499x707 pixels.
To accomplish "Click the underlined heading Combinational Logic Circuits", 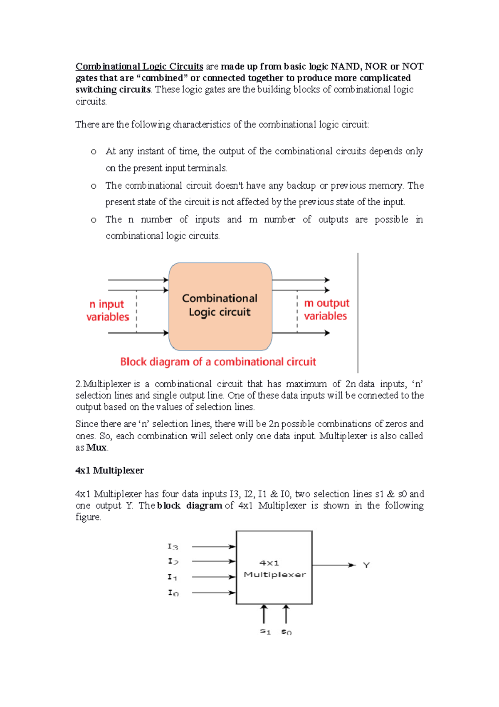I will [139, 67].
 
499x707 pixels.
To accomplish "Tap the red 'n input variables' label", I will [107, 311].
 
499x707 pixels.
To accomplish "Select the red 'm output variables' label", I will [326, 309].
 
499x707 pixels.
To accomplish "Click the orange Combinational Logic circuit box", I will [220, 306].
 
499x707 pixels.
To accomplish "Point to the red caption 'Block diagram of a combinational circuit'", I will [218, 362].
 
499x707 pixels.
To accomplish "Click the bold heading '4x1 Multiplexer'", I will [109, 471].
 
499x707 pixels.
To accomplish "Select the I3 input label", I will [173, 547].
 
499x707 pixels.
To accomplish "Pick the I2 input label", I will [173, 562].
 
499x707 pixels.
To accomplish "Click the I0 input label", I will [173, 593].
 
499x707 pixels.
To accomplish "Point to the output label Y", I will [366, 565].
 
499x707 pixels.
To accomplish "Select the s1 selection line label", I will [265, 631].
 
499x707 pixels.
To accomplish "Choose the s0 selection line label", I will [286, 632].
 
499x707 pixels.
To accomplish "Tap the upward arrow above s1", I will [264, 614].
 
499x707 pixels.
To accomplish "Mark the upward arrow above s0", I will [286, 614].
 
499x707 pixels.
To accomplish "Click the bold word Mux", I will [96, 448].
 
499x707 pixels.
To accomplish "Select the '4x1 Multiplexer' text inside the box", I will [274, 569].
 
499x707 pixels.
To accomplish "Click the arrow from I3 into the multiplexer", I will [214, 547].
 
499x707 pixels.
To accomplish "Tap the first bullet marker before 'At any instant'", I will [94, 152].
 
